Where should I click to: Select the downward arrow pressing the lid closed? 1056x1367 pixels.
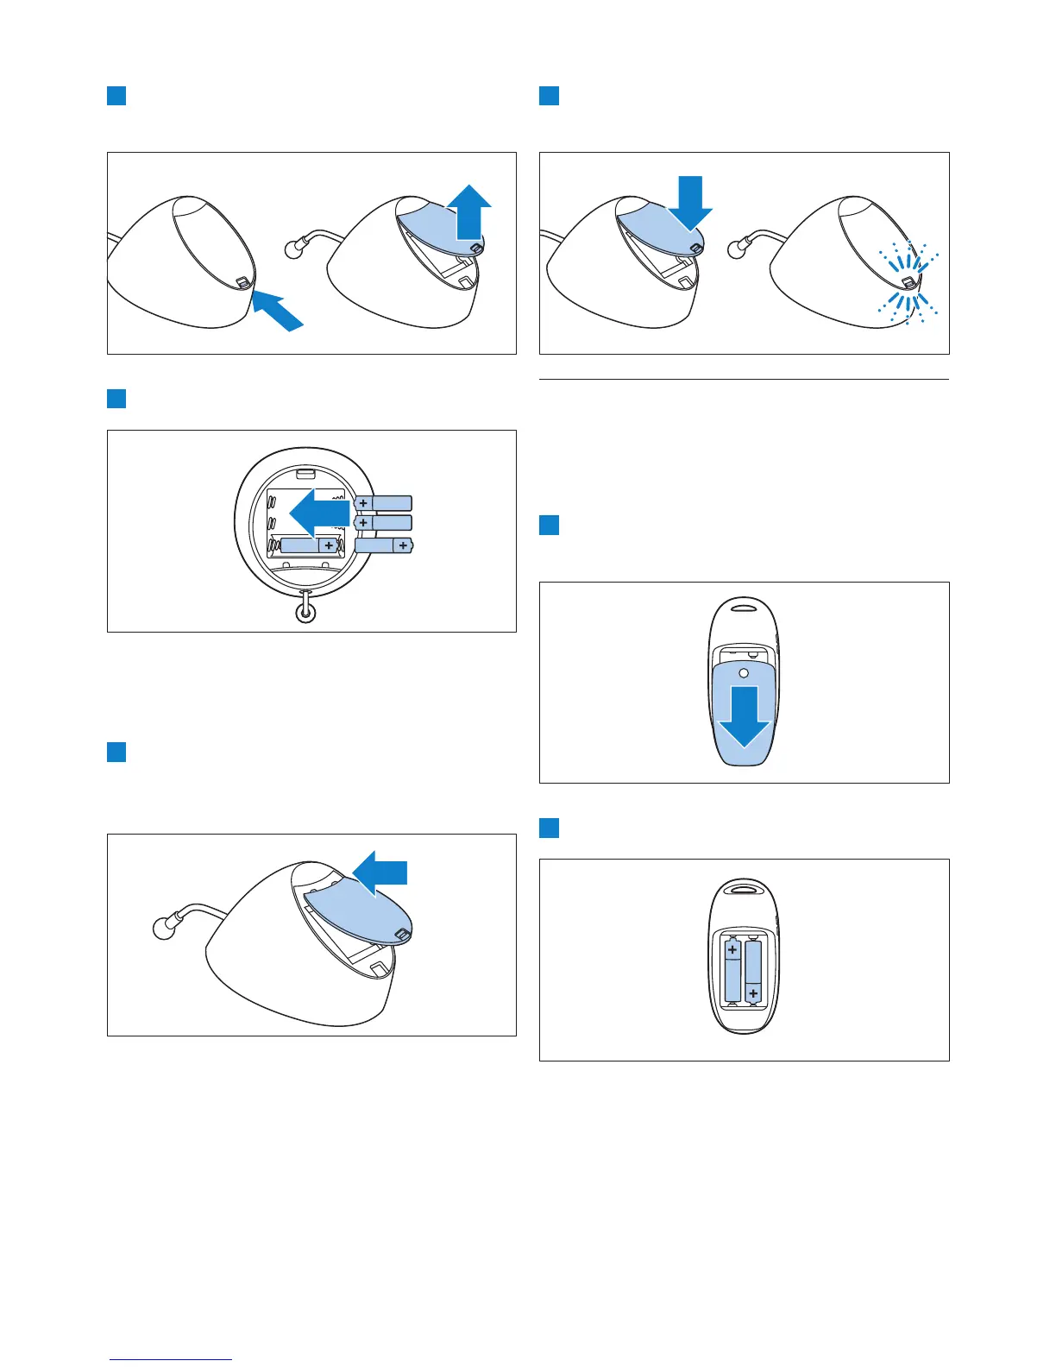(690, 204)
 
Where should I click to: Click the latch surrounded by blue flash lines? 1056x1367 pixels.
(908, 282)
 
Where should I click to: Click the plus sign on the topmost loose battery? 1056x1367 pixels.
(363, 503)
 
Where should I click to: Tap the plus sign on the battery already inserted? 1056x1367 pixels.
(329, 545)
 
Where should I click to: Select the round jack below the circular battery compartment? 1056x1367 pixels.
(305, 613)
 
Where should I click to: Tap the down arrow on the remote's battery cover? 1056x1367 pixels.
(744, 715)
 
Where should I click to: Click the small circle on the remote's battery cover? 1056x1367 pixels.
(744, 672)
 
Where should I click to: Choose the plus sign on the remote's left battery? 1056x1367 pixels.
(732, 950)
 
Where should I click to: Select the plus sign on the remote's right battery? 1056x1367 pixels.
(754, 994)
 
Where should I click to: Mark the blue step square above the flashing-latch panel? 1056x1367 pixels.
(549, 96)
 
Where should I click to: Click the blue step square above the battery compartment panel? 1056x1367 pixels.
(116, 398)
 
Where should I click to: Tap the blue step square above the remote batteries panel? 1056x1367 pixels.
(549, 828)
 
